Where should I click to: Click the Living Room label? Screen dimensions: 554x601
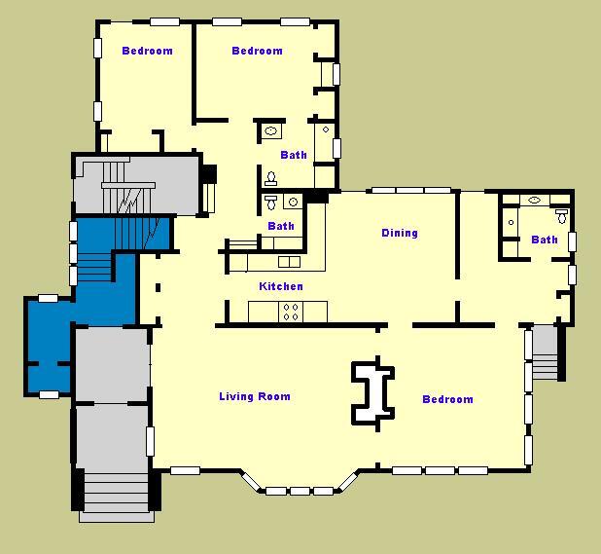254,396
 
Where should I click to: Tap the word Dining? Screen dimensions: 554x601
399,233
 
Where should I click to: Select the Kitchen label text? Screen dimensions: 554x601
280,286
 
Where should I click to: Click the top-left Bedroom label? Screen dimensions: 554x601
147,51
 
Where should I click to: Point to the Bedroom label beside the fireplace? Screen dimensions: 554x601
447,399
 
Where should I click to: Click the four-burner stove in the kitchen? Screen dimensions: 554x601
290,312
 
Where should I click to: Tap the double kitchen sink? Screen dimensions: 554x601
289,262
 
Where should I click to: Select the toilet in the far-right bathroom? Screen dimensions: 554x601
561,216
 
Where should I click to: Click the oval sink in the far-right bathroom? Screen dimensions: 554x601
534,200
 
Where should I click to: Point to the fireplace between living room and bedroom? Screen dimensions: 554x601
372,391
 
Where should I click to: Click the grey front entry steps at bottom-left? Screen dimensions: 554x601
116,493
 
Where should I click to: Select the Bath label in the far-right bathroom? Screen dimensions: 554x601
545,240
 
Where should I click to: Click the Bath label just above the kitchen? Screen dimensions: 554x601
281,226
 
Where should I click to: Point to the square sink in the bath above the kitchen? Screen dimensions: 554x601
290,203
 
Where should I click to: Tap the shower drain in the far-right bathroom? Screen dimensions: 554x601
511,222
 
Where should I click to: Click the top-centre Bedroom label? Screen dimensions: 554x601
257,51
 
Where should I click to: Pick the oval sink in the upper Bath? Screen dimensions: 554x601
271,129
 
